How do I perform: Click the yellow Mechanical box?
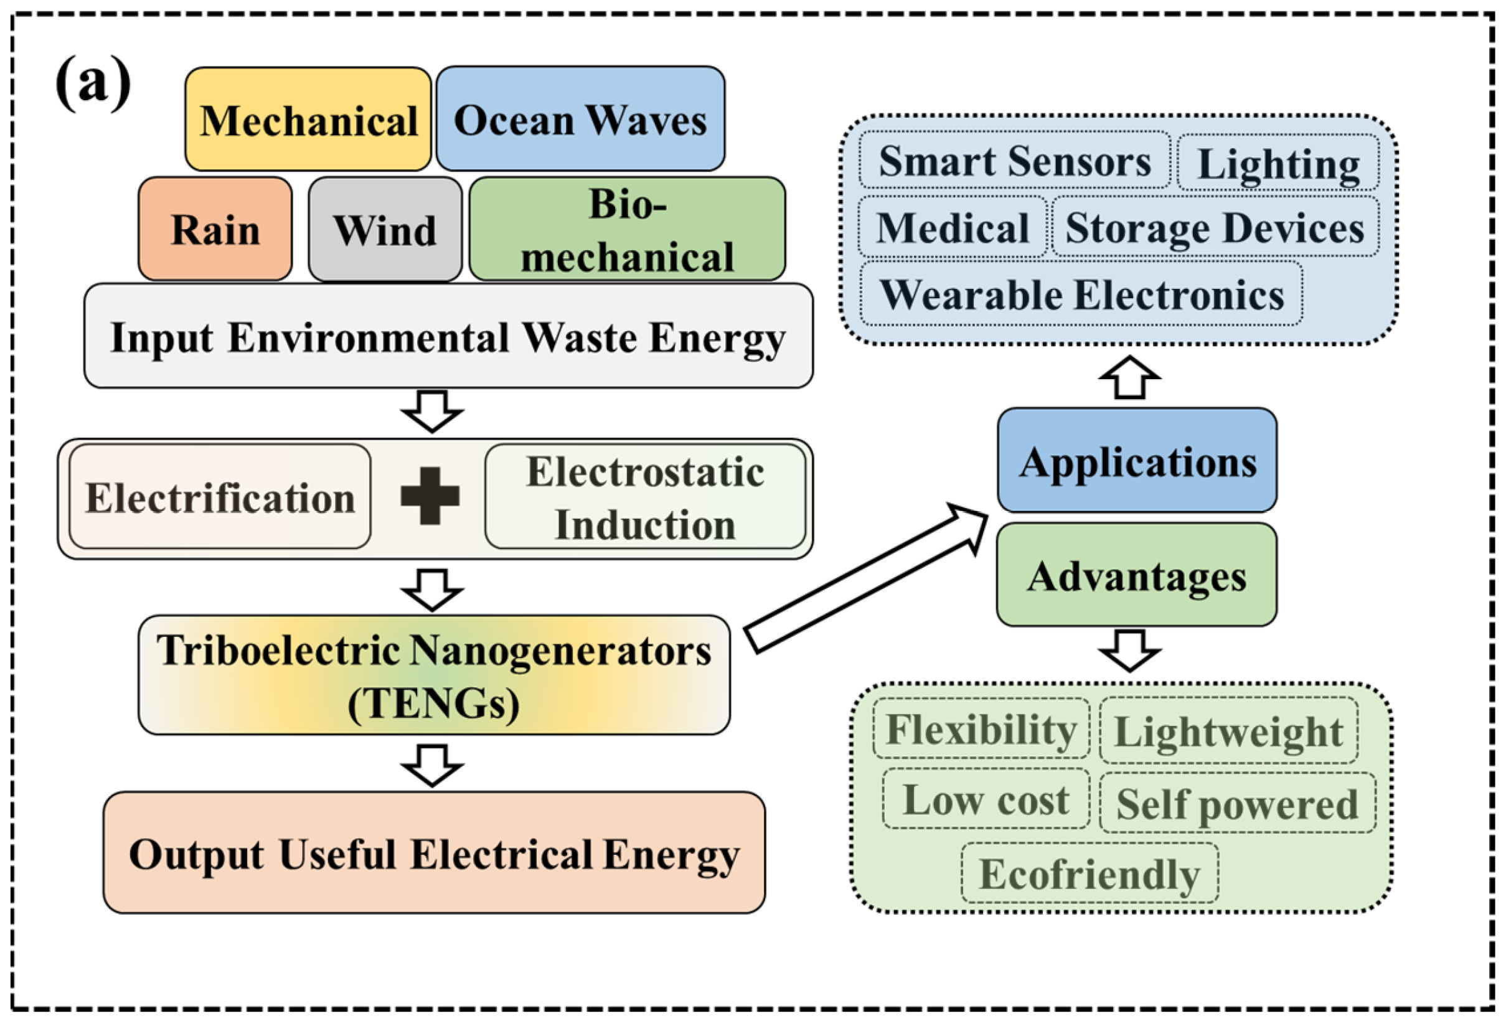[308, 120]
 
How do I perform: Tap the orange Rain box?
[215, 228]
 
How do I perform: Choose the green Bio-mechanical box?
[628, 228]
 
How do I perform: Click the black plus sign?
[430, 496]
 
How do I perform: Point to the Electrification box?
[220, 496]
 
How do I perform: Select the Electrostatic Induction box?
[646, 496]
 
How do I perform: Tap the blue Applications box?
[1137, 461]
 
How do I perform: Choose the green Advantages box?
[1137, 575]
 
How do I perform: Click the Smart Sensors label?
[1015, 161]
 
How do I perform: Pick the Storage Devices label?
[1215, 227]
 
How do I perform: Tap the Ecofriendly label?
[1089, 873]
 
